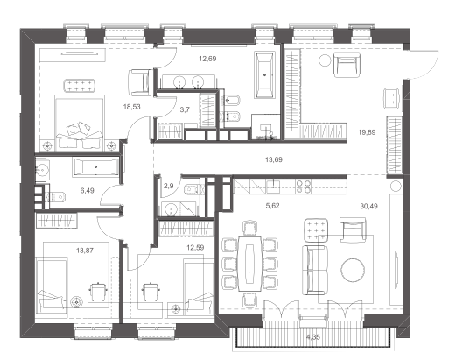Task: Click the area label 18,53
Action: (x=131, y=107)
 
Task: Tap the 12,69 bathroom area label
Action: (x=207, y=59)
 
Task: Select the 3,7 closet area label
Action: (x=185, y=109)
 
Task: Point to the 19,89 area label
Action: (x=367, y=132)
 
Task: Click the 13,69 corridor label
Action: (x=274, y=159)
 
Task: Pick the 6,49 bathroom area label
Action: (x=87, y=191)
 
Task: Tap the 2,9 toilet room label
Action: (x=169, y=186)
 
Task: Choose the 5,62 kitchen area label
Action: (x=272, y=206)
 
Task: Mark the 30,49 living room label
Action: (x=368, y=207)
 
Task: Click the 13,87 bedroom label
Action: (x=85, y=251)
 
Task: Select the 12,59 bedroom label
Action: (x=195, y=248)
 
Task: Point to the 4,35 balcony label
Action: (x=313, y=337)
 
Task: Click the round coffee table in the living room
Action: (x=353, y=270)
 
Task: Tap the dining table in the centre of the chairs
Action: (x=249, y=264)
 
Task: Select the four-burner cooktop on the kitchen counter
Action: (x=304, y=187)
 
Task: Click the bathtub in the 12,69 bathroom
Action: (x=265, y=75)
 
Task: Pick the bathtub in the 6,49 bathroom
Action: (x=96, y=167)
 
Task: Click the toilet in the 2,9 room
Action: (x=192, y=189)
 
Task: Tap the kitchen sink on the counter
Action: (x=273, y=187)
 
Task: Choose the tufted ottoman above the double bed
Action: (x=80, y=86)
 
